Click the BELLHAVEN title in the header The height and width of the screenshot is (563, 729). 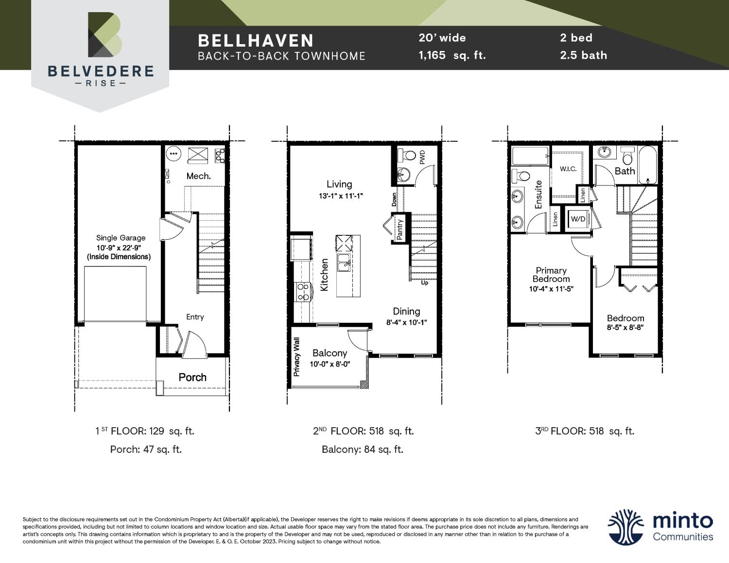[256, 40]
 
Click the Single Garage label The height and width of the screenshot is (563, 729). [121, 238]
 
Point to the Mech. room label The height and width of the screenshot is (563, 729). [198, 176]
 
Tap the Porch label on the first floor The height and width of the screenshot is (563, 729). [192, 377]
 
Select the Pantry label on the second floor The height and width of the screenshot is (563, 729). [399, 229]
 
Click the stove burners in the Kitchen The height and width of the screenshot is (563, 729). [303, 292]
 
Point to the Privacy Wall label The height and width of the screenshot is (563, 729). [296, 357]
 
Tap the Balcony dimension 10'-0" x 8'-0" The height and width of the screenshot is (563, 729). [330, 364]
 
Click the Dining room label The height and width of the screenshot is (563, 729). [406, 312]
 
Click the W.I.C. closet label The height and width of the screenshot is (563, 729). [568, 169]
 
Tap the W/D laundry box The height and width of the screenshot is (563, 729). [578, 219]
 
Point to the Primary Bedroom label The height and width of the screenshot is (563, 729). [551, 275]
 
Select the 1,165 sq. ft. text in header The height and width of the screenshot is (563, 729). [452, 55]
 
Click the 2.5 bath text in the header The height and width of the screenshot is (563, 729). [583, 55]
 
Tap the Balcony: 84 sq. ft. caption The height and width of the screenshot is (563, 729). [363, 449]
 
